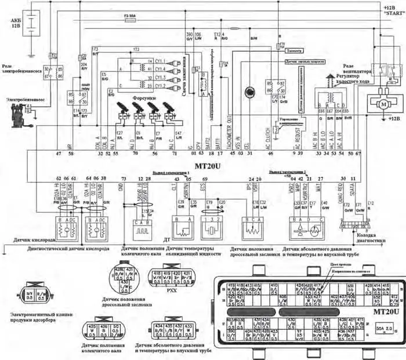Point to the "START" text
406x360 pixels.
point(393,13)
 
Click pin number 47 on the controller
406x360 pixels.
point(58,155)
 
